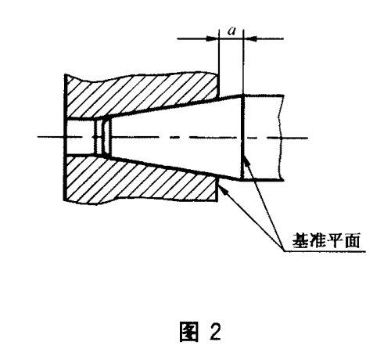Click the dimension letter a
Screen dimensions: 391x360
[x=231, y=31]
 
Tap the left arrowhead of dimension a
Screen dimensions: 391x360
[x=212, y=39]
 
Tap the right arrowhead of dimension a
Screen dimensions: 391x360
[x=250, y=39]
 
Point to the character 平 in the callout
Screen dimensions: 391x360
[x=335, y=240]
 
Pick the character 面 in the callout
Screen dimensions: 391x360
[x=352, y=240]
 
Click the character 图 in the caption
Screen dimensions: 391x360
[x=189, y=332]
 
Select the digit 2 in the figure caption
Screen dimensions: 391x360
[x=215, y=332]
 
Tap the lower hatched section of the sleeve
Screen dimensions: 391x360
[x=141, y=180]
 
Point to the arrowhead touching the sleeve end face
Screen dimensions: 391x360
[x=224, y=189]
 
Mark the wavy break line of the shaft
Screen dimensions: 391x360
[x=282, y=138]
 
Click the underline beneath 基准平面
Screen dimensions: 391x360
[x=325, y=251]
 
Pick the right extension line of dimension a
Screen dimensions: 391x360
[x=243, y=62]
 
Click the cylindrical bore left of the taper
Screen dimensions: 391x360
[x=81, y=138]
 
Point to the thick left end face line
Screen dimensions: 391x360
[x=64, y=138]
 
